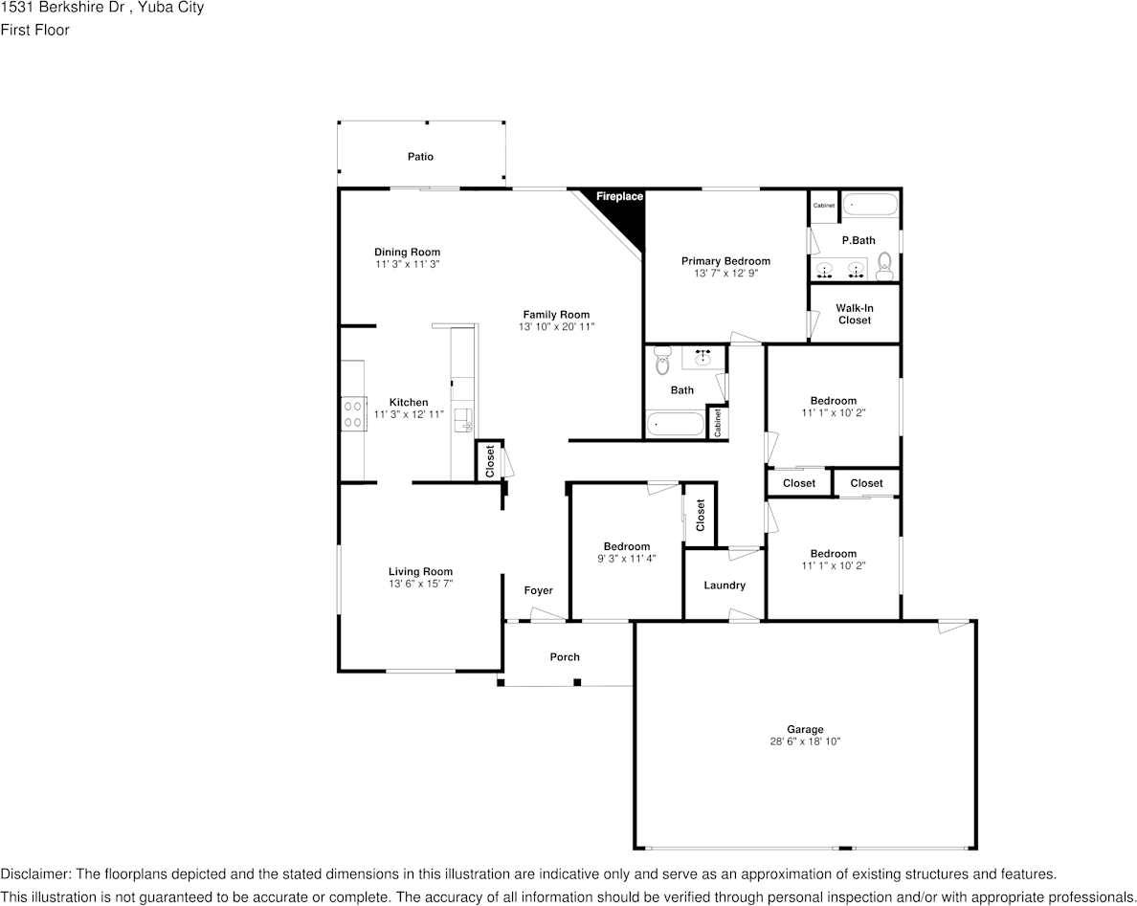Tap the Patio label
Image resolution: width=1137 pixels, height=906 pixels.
[x=420, y=156]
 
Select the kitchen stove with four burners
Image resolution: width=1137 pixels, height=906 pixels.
[x=352, y=412]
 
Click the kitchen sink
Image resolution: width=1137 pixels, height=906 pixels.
[x=462, y=418]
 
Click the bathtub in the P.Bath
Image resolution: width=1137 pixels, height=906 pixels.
[x=870, y=205]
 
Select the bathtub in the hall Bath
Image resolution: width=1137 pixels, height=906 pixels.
[x=674, y=424]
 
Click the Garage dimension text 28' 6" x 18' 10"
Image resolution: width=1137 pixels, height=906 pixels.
[x=805, y=741]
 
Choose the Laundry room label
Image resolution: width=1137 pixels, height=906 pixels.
[x=724, y=586]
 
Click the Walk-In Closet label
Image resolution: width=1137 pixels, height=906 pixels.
[x=855, y=314]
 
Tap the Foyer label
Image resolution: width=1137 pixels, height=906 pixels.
[x=538, y=591]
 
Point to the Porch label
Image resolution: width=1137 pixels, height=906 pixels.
[x=565, y=657]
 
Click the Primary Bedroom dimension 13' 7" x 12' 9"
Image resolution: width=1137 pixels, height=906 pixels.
[x=725, y=274]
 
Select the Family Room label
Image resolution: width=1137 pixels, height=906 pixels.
[x=556, y=315]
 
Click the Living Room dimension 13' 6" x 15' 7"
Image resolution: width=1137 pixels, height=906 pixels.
[x=420, y=584]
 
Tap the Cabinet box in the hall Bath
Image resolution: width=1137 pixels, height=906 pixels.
[x=717, y=423]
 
